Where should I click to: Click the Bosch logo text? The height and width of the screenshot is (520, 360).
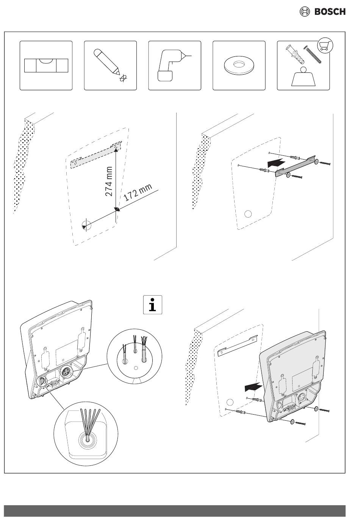point(330,12)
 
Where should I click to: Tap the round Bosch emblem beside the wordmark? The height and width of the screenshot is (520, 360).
point(305,12)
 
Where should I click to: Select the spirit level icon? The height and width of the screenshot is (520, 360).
point(46,66)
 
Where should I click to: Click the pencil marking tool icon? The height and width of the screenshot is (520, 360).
point(107,61)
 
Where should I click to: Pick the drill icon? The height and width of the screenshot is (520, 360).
point(172,65)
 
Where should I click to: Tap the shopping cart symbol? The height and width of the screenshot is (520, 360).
point(325,45)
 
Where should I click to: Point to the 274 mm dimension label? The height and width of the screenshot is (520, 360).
point(109,181)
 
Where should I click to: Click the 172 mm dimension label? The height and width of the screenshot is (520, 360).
point(138,193)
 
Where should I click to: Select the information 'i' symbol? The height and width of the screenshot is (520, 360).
point(152,305)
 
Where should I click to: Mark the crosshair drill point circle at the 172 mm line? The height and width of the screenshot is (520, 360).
point(86,225)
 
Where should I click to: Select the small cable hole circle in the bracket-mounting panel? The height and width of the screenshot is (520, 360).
point(248,214)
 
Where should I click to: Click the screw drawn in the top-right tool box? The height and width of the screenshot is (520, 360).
point(312,55)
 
